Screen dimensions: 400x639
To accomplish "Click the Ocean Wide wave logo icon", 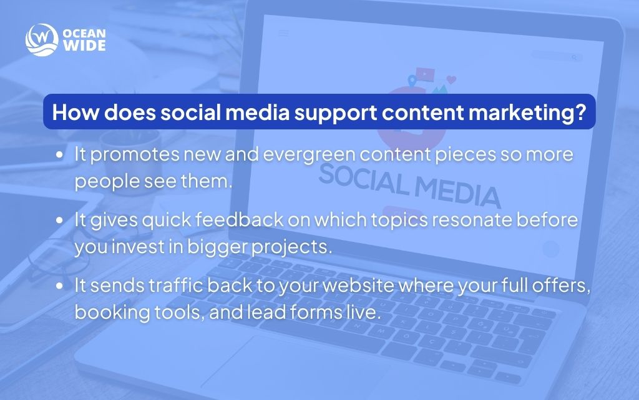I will (x=41, y=39).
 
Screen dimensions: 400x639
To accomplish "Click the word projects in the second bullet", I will (x=293, y=247).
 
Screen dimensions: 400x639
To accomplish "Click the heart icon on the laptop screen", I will (x=452, y=79).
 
